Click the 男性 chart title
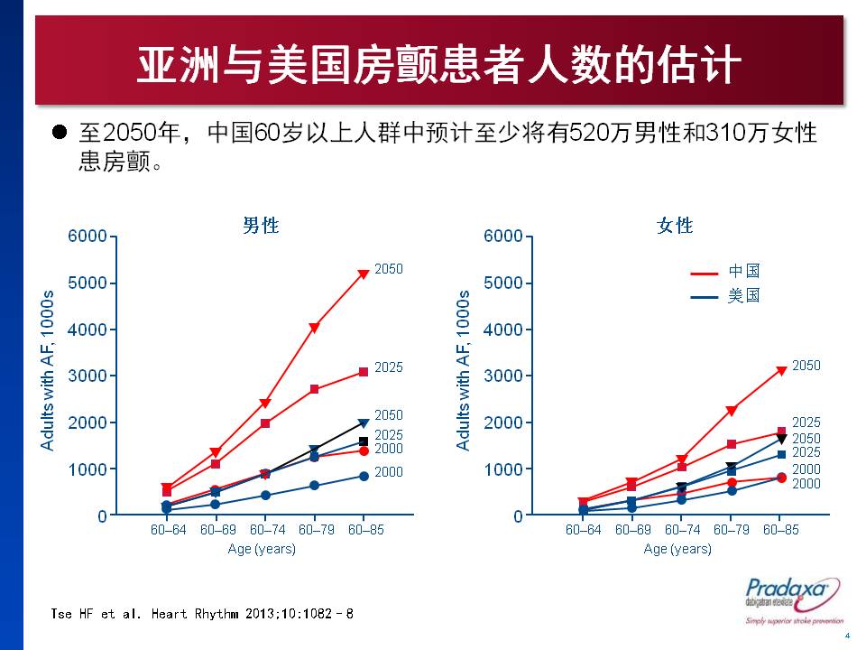(261, 226)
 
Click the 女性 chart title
(675, 226)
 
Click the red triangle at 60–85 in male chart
(364, 274)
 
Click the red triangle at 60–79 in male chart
(314, 328)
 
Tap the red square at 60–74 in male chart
(264, 423)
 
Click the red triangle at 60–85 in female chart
(781, 370)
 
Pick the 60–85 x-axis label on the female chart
(781, 530)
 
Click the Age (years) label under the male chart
(262, 549)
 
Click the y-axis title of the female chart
(463, 370)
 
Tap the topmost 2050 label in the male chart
(389, 269)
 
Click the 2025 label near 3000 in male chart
(389, 368)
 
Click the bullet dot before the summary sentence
(60, 132)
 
